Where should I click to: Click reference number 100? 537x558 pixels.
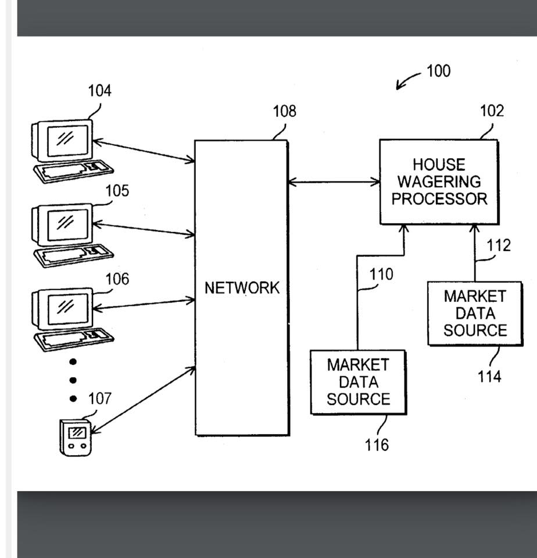438,71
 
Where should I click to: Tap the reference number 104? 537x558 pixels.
99,91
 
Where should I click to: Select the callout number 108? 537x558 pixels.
284,111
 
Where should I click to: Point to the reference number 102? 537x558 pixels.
492,111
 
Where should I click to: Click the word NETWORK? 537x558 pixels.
242,288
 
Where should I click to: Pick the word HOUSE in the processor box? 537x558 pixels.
439,165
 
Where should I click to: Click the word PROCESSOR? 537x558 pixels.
439,199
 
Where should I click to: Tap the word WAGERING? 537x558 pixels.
439,182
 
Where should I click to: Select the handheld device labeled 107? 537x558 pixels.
77,437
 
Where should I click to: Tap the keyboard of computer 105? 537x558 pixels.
74,254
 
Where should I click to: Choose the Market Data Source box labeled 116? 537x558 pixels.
358,382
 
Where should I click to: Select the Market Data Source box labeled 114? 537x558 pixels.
475,313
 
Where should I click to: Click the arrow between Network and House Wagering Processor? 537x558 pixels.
334,182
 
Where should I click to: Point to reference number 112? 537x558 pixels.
499,246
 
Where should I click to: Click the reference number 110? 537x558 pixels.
381,274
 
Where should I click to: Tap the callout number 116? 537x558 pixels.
377,445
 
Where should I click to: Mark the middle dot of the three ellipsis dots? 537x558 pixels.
73,380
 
